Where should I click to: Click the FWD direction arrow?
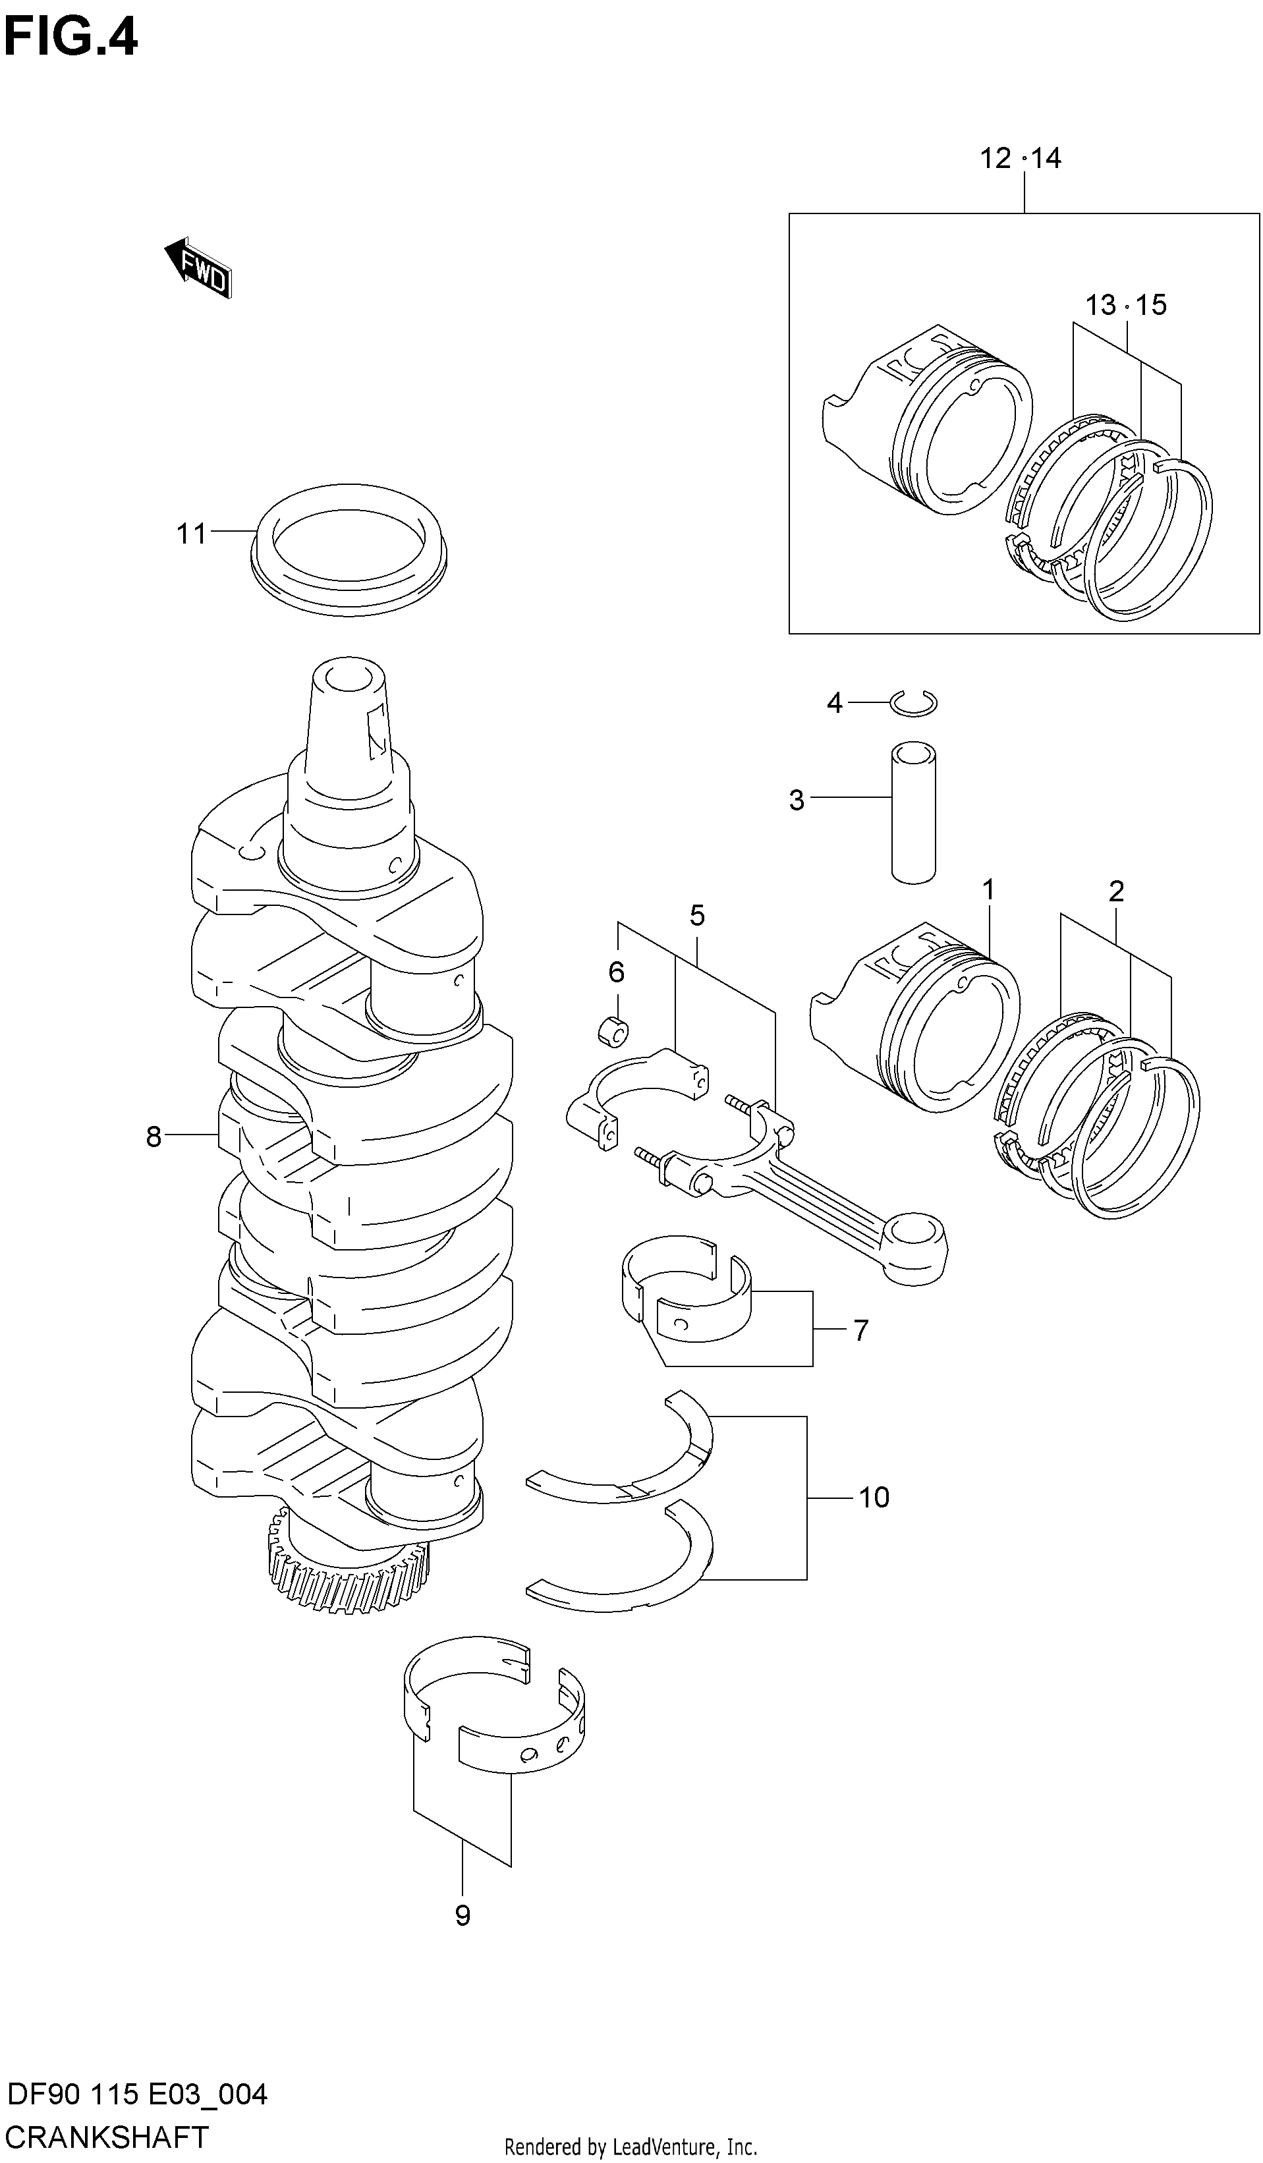coord(198,267)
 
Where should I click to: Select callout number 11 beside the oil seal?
coord(192,534)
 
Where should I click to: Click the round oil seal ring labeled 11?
coord(351,549)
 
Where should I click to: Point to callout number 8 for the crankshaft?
coord(154,1137)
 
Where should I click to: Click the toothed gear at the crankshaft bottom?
coord(349,1576)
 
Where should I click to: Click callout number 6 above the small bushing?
coord(617,972)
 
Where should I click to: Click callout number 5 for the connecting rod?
coord(697,916)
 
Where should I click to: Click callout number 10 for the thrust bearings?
coord(874,1498)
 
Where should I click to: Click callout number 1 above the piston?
coord(988,890)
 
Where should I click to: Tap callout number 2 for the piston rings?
coord(1116,892)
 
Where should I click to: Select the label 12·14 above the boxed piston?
coord(1021,158)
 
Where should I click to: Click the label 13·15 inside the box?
coord(1125,304)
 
